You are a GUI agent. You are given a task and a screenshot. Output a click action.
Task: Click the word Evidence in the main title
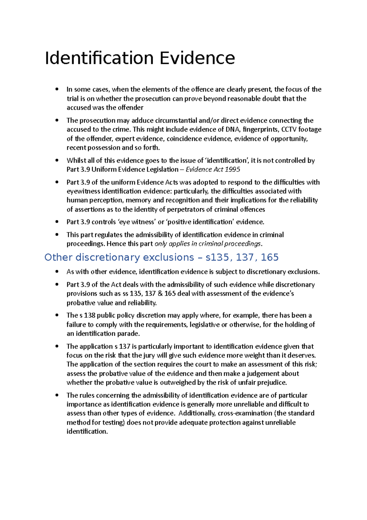(x=197, y=58)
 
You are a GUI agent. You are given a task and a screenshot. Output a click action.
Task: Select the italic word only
(x=161, y=244)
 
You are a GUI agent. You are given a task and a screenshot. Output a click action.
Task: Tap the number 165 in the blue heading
(x=269, y=257)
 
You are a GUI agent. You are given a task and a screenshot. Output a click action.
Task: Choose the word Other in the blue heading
(x=58, y=257)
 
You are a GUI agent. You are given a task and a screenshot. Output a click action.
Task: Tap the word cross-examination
(x=245, y=413)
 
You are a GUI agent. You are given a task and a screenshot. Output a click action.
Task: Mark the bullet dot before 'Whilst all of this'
(x=57, y=160)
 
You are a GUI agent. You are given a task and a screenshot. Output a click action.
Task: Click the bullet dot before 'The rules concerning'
(x=57, y=395)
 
